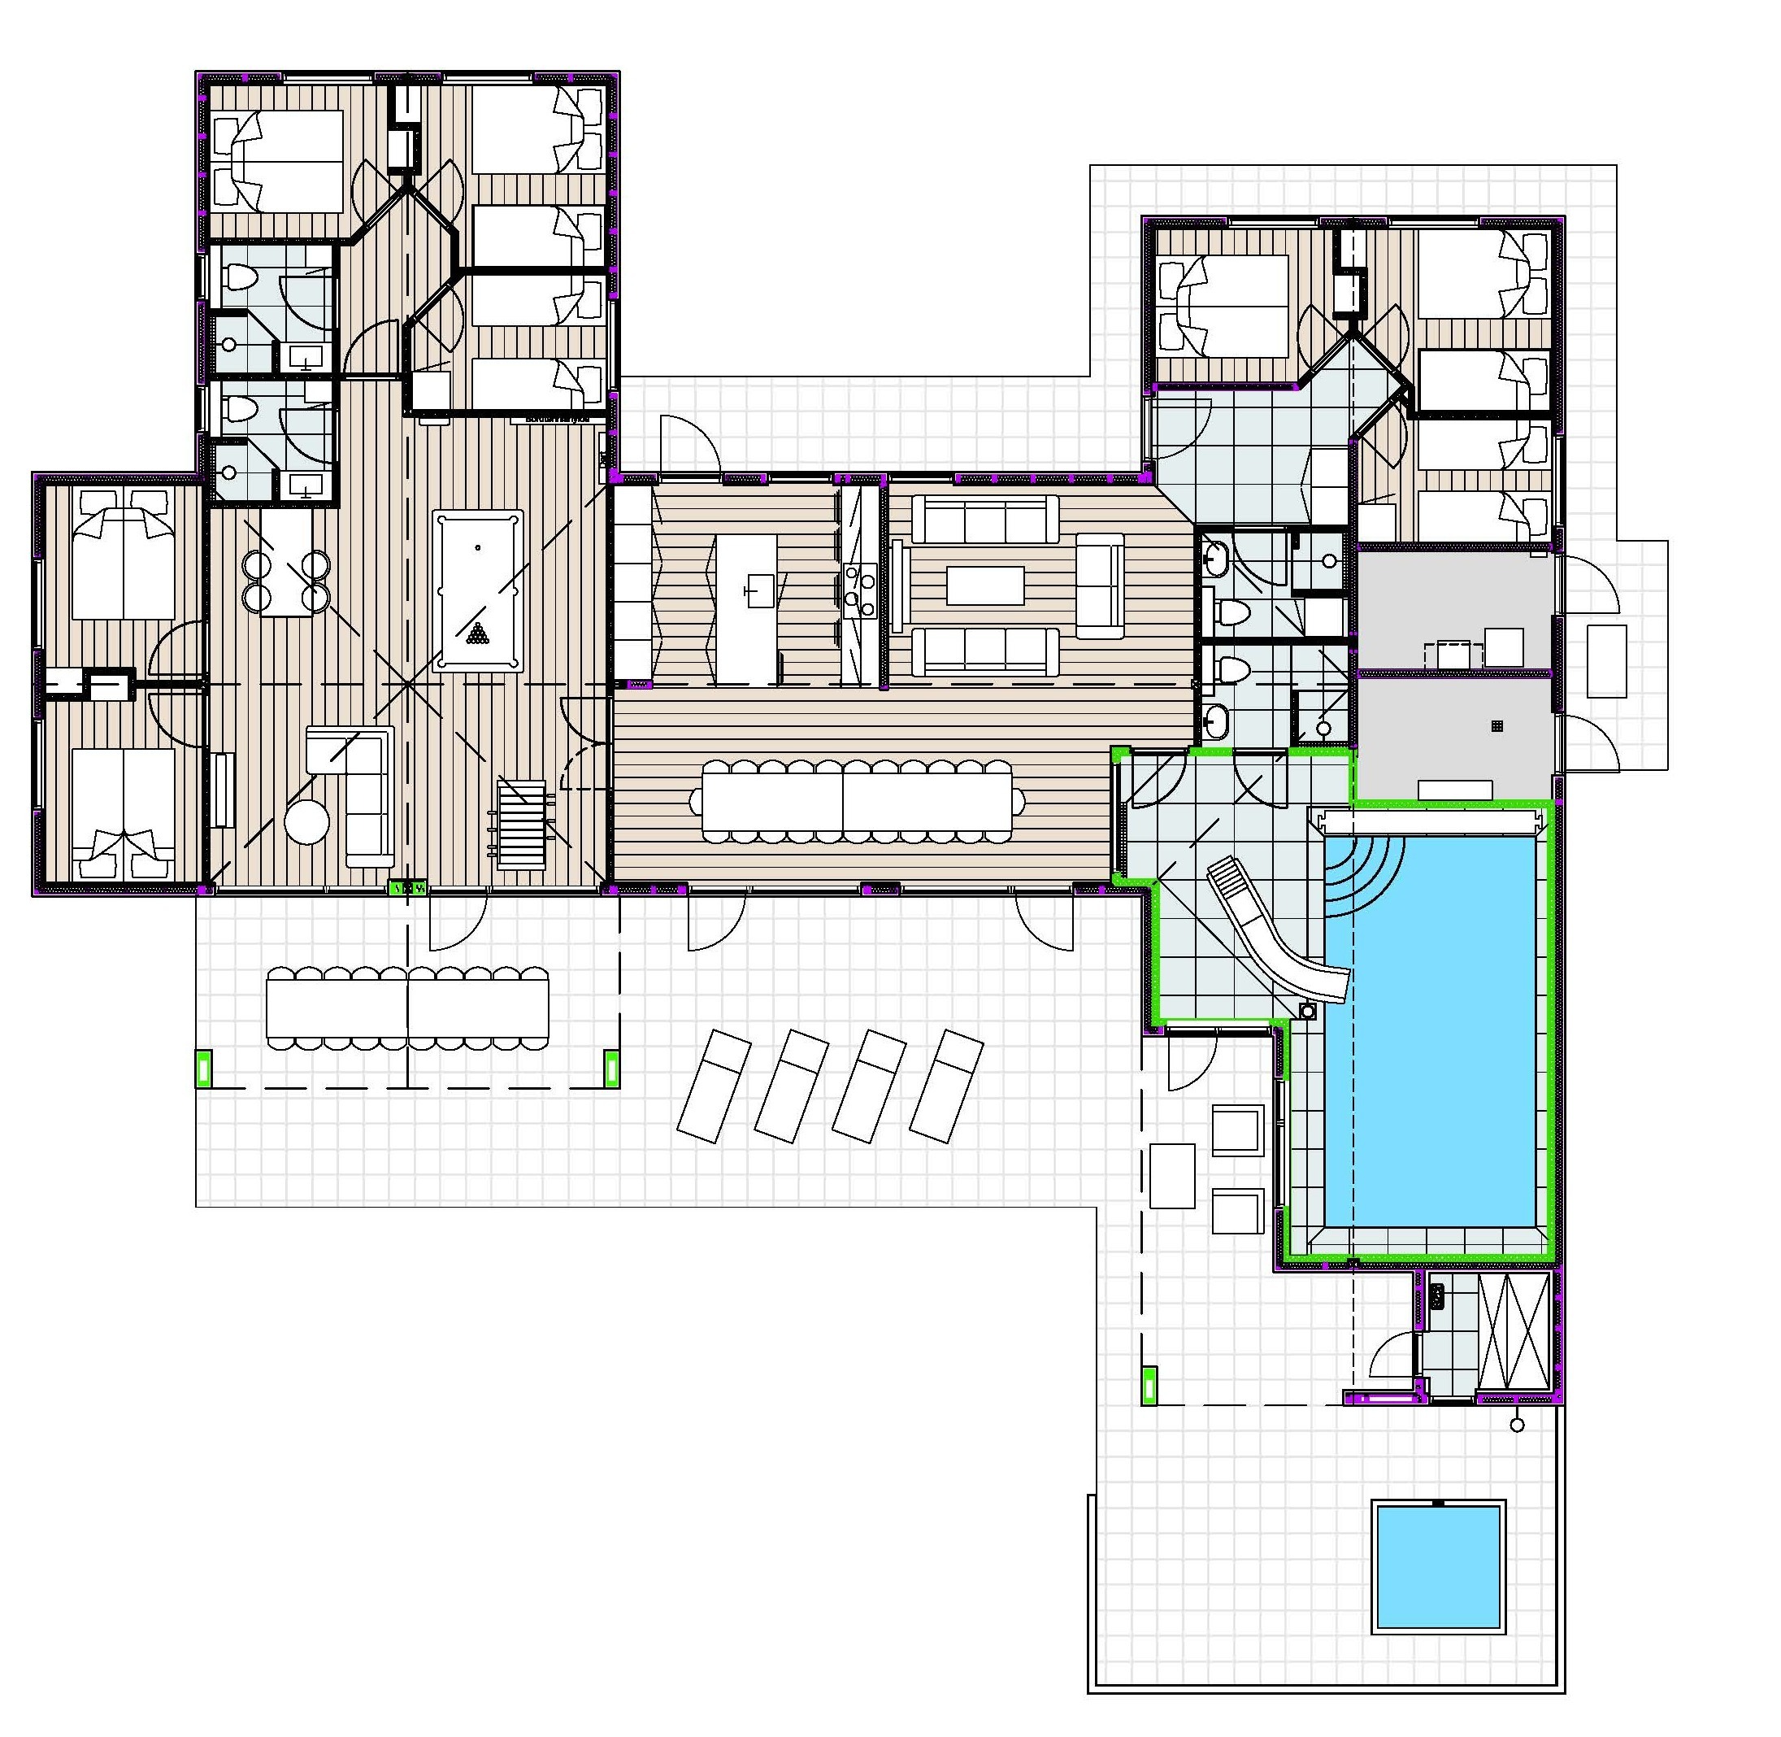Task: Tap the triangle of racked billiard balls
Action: coord(477,633)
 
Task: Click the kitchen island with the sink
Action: coord(747,608)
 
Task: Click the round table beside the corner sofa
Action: coord(306,821)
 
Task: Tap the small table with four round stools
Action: coord(286,563)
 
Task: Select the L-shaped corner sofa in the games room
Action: coord(360,794)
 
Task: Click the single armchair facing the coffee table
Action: coord(1100,585)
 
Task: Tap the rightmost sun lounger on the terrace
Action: coord(946,1086)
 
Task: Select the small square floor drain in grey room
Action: coord(1496,726)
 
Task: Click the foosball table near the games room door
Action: coord(522,823)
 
